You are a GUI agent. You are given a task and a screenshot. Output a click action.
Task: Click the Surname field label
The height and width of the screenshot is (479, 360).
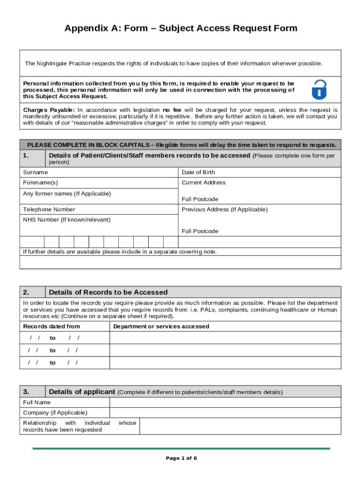(36, 172)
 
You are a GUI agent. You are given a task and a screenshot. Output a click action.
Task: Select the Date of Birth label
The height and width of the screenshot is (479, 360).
(198, 172)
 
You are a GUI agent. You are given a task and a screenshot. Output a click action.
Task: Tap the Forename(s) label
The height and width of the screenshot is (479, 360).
(41, 182)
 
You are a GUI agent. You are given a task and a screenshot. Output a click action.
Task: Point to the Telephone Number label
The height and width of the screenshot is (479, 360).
(49, 210)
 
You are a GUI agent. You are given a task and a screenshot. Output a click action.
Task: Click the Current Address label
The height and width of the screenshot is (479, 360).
(203, 182)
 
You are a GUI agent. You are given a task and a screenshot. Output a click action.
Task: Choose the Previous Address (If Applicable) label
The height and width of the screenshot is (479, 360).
(224, 210)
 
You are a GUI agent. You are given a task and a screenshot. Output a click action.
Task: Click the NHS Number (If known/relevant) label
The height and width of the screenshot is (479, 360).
(67, 219)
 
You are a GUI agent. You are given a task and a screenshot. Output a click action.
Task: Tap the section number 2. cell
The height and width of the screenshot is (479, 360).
(32, 292)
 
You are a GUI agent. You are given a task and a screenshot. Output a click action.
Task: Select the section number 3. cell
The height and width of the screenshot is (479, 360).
(32, 392)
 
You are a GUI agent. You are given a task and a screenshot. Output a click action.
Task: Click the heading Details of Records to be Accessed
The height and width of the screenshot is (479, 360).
(108, 292)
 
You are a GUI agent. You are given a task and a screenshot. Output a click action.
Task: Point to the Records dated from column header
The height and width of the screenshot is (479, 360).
(52, 327)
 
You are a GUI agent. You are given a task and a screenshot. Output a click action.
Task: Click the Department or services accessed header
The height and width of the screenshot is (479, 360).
(161, 327)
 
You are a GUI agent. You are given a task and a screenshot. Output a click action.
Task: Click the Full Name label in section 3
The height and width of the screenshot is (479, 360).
(37, 402)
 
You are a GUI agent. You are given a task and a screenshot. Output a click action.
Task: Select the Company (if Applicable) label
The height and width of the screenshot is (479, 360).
(55, 413)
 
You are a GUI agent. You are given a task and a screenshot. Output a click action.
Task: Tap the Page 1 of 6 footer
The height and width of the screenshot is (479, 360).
(181, 458)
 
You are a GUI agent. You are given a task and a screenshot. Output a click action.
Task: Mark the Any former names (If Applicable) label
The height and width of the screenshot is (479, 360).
(67, 194)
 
